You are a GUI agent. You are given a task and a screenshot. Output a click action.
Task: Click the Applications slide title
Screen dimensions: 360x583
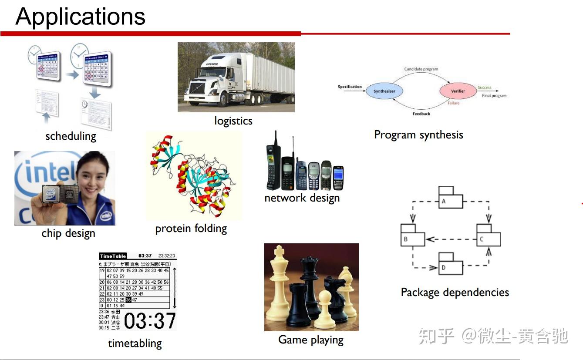(80, 17)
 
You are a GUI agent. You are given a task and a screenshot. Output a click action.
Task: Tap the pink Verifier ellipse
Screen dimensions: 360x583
(457, 91)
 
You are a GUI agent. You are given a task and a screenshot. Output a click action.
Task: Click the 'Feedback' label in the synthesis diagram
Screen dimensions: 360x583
(421, 114)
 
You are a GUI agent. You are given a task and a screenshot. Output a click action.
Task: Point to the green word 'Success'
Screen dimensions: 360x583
(484, 87)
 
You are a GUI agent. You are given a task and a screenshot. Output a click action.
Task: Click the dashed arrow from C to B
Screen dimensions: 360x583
(451, 239)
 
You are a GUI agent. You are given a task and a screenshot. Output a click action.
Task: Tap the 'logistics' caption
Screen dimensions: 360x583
(233, 121)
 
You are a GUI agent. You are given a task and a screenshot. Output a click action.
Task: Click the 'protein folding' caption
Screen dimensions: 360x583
(191, 229)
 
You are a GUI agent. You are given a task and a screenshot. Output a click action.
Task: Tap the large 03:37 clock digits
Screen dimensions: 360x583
(150, 321)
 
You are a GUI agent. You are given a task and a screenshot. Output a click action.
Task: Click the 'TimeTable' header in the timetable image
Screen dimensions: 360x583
(113, 256)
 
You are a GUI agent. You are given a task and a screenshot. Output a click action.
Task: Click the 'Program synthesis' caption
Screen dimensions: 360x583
(418, 135)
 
